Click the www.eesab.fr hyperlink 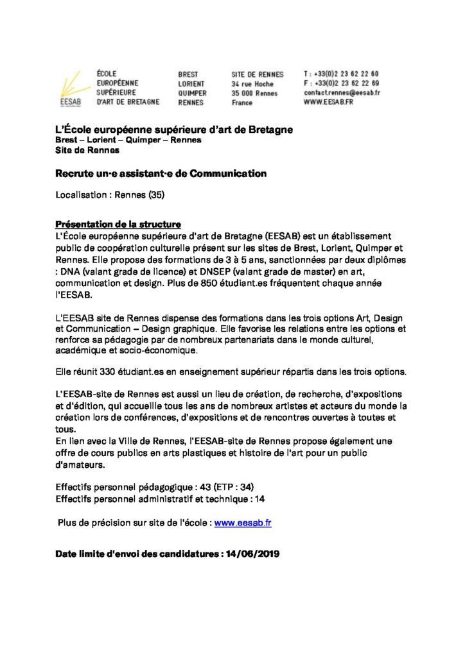(243, 523)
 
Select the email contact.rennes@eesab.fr (342, 92)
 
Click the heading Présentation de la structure (118, 225)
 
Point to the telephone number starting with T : (341, 74)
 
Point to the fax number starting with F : (341, 83)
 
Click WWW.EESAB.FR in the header (331, 102)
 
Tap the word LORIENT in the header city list (191, 83)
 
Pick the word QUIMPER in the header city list (192, 92)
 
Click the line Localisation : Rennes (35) (110, 193)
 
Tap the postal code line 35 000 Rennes (254, 93)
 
